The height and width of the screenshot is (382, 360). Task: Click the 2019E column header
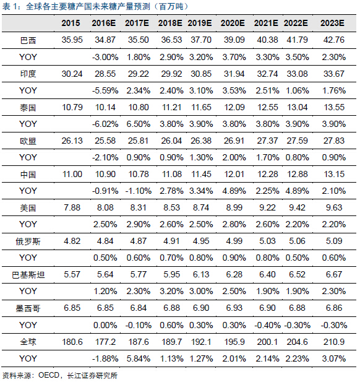click(200, 23)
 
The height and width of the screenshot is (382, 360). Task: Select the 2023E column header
click(332, 23)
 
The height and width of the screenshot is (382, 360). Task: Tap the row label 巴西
click(28, 40)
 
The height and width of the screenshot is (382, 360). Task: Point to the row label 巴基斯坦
click(28, 275)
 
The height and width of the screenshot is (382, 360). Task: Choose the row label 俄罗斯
click(28, 241)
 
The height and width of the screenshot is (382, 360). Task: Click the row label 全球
click(28, 342)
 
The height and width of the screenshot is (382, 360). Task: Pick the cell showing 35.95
click(72, 40)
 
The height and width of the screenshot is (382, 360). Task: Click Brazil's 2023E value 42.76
click(334, 40)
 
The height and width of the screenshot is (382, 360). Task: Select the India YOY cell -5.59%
click(105, 90)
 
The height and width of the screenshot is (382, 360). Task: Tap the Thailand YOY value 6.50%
click(139, 124)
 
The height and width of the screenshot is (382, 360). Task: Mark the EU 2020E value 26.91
click(234, 141)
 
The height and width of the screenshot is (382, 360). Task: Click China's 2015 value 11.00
click(72, 174)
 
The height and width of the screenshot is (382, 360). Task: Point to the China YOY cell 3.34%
click(201, 191)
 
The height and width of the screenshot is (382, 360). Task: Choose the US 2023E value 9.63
click(334, 207)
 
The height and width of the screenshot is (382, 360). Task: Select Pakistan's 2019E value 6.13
click(201, 274)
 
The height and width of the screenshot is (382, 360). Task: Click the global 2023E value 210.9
click(334, 342)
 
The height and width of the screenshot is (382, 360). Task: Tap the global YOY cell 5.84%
click(139, 358)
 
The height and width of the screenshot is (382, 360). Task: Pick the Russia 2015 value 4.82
click(72, 241)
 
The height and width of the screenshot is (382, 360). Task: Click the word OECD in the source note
click(49, 375)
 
